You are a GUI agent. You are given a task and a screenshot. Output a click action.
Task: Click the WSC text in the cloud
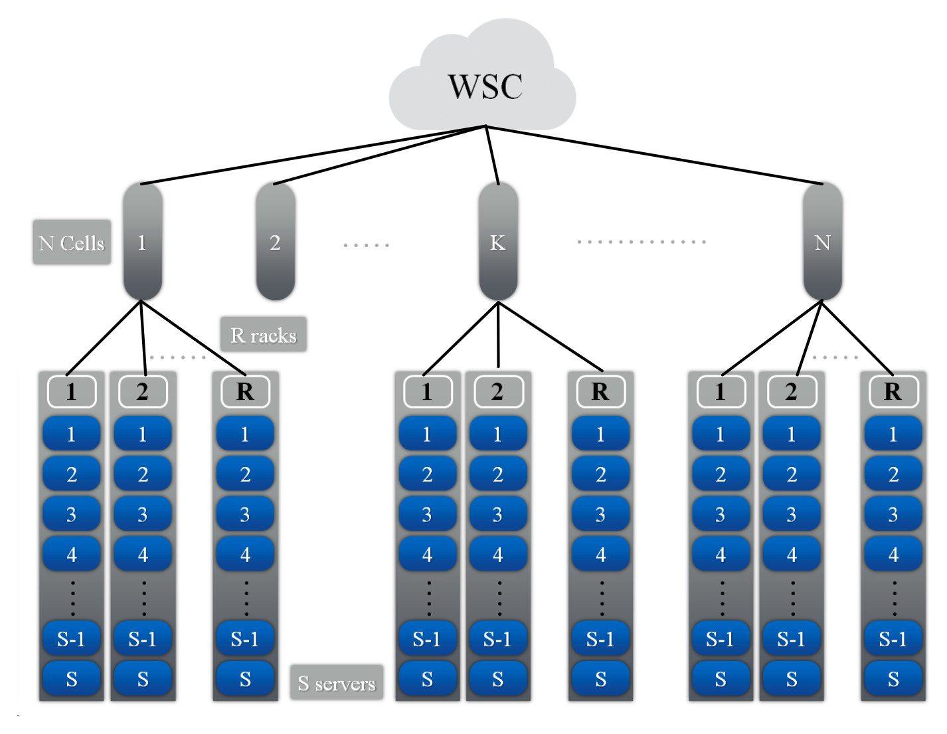[485, 86]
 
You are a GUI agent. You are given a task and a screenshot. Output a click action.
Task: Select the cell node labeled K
[498, 242]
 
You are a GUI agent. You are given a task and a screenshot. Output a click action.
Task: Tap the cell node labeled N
[822, 242]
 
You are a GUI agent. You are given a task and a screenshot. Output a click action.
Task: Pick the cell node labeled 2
[275, 242]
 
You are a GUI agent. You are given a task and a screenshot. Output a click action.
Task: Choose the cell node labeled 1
[142, 242]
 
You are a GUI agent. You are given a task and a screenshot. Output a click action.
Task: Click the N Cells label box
[72, 242]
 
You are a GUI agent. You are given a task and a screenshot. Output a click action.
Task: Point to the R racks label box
[263, 334]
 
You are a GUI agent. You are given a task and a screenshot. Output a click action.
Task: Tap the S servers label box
[337, 682]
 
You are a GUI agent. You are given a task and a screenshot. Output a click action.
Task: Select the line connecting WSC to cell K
[492, 155]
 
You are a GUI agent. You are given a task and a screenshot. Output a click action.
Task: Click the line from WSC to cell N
[654, 155]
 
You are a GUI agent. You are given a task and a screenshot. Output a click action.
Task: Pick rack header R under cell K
[600, 391]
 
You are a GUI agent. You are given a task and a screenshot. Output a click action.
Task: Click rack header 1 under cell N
[721, 391]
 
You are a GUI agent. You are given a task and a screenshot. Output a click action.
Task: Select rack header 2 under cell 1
[143, 391]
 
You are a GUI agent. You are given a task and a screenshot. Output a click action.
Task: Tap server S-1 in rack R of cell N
[893, 638]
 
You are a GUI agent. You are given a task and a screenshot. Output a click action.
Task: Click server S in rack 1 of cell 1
[72, 678]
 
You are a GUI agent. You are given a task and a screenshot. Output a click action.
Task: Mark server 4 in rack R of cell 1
[245, 553]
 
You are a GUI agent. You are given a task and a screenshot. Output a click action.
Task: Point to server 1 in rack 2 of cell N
[792, 434]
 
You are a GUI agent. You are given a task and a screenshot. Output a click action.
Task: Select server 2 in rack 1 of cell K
[427, 474]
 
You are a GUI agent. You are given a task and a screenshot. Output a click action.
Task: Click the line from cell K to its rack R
[550, 336]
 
